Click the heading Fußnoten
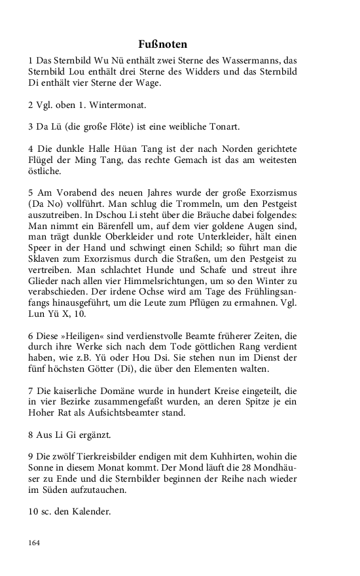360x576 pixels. pyautogui.click(x=163, y=45)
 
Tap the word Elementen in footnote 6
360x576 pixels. pyautogui.click(x=222, y=370)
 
